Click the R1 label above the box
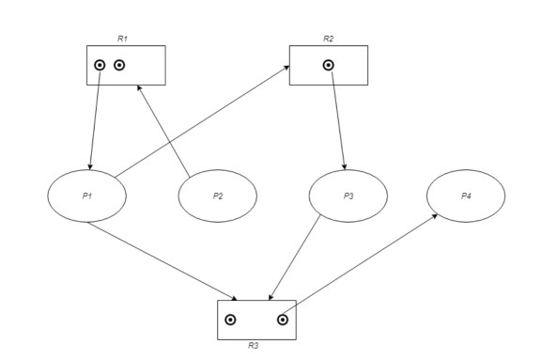click(x=122, y=39)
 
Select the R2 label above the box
click(x=328, y=39)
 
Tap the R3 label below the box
click(x=254, y=346)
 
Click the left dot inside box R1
click(x=100, y=65)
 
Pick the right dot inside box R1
click(x=119, y=65)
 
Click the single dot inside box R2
click(x=328, y=65)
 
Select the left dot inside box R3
click(x=230, y=320)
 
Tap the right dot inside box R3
click(x=282, y=320)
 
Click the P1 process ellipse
click(x=86, y=196)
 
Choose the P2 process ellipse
click(x=218, y=196)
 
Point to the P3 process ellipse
click(x=348, y=196)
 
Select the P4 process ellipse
click(x=466, y=196)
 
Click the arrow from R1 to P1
click(x=95, y=117)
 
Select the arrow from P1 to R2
click(x=202, y=121)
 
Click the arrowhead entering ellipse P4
click(x=435, y=216)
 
